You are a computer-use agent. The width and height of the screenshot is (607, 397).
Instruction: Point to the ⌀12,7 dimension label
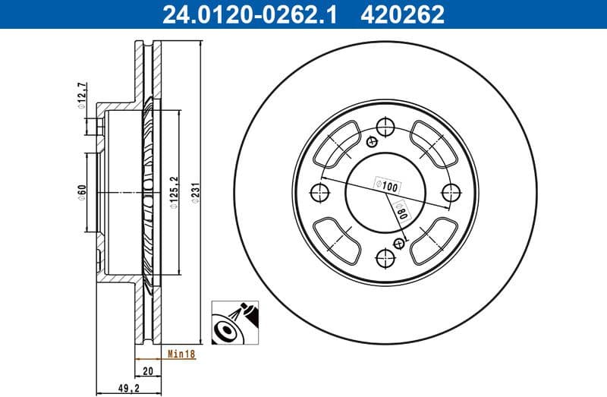click(x=81, y=96)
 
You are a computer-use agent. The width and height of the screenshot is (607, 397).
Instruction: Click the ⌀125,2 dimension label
click(x=174, y=191)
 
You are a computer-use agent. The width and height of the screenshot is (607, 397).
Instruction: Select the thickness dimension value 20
click(x=147, y=370)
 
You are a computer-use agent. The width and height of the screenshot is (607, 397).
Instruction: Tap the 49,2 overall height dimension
click(x=124, y=389)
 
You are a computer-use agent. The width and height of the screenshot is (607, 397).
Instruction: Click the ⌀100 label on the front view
click(x=387, y=184)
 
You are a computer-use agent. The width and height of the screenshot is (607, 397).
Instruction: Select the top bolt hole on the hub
click(x=385, y=127)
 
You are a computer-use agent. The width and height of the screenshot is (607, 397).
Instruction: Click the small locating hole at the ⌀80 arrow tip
click(x=399, y=242)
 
